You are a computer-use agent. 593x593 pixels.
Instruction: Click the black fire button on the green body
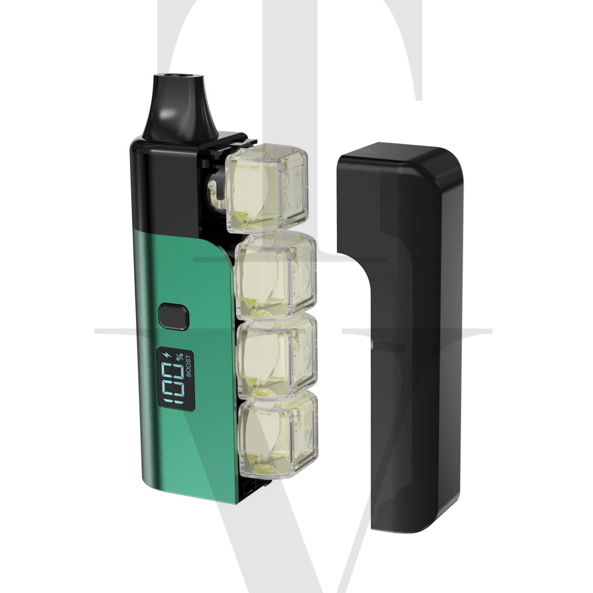coord(173,318)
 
